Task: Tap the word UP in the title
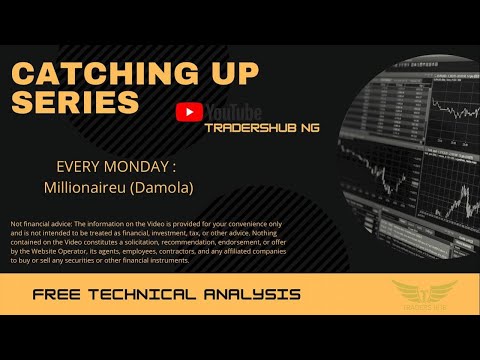tap(225, 74)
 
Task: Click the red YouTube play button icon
tap(187, 113)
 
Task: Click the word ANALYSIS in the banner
tap(256, 295)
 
